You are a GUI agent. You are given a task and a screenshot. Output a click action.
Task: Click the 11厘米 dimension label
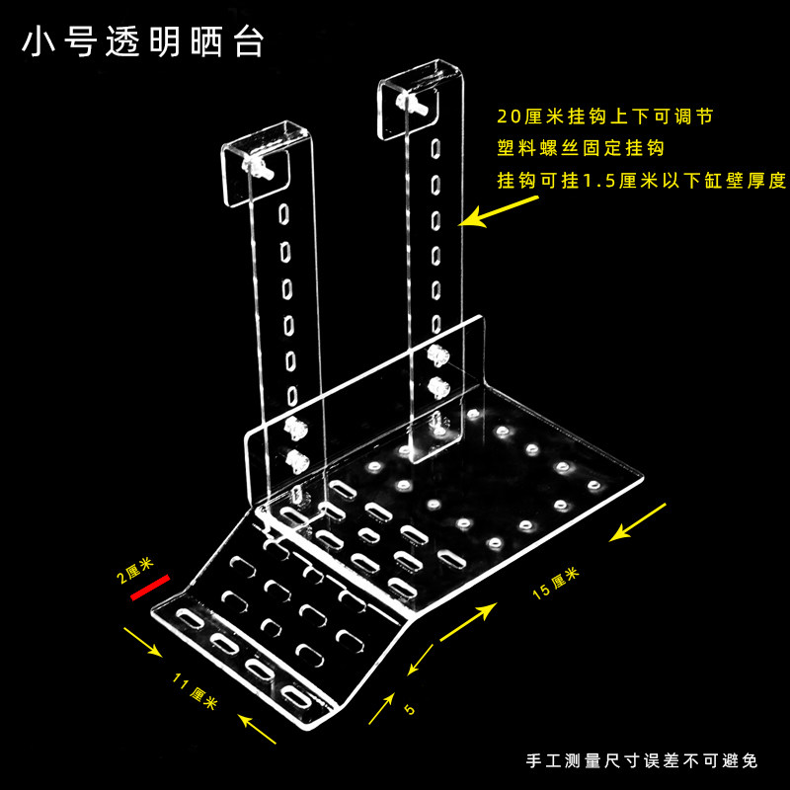point(195,693)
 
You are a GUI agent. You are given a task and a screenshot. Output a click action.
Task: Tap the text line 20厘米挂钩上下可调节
point(604,117)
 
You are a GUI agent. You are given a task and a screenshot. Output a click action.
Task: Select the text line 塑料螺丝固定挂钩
point(580,149)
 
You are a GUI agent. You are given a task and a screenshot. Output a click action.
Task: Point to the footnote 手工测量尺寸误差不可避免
point(642,761)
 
